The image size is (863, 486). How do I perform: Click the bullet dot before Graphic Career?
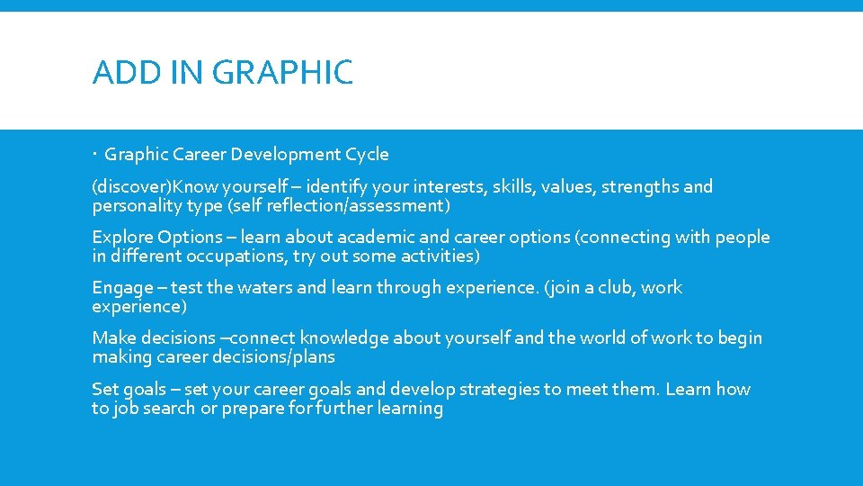95,155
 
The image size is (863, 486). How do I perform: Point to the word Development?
286,154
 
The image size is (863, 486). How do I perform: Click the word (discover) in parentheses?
132,187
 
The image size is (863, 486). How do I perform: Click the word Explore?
121,238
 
